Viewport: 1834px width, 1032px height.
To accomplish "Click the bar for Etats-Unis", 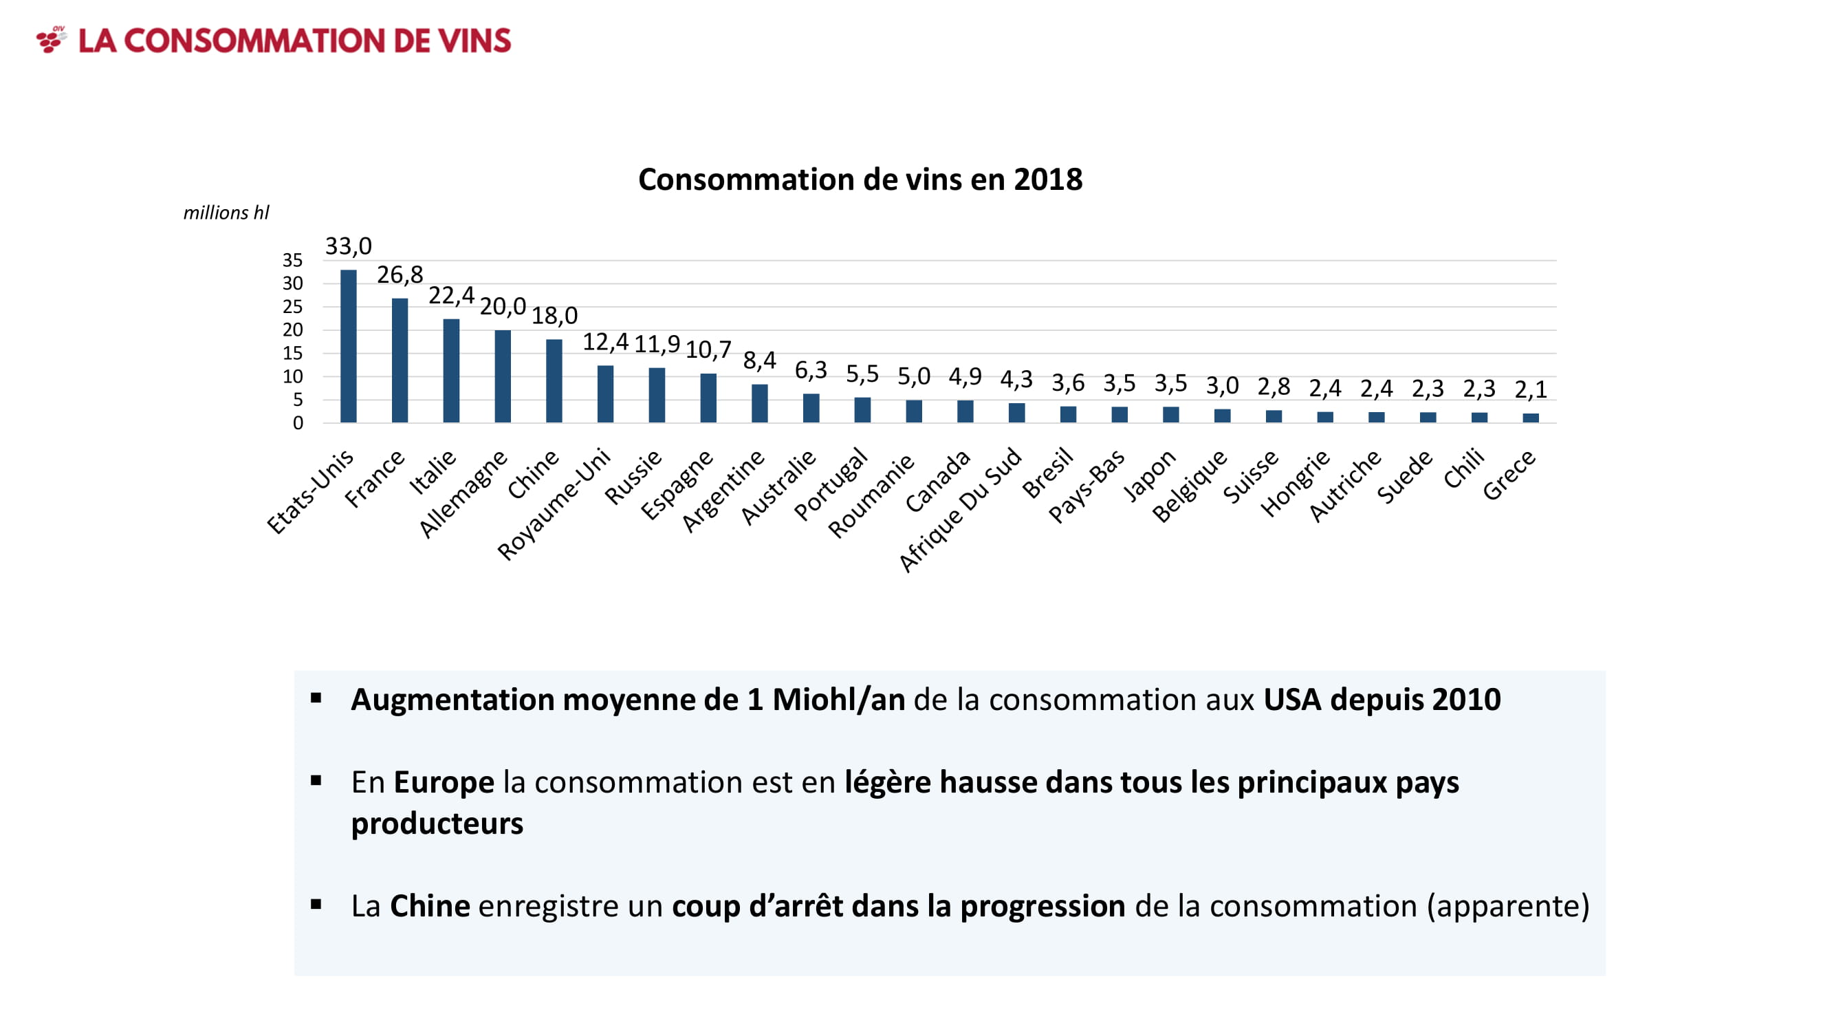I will [348, 346].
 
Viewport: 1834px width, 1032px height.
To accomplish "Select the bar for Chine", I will [554, 381].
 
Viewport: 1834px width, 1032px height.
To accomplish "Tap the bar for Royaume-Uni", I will [605, 394].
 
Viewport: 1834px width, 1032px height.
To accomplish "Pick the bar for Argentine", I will [760, 403].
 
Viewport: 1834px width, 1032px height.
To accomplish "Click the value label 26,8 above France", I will [400, 275].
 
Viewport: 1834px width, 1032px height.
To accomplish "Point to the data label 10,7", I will [708, 350].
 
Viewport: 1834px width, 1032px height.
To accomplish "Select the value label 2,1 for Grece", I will [1530, 389].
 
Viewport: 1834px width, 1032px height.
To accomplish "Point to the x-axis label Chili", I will [1464, 468].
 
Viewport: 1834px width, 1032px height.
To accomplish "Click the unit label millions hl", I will [226, 213].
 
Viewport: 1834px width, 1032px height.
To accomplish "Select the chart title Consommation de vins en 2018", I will [860, 180].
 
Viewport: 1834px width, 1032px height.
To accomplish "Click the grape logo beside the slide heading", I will [52, 39].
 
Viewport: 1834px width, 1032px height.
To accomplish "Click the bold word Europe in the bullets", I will [444, 782].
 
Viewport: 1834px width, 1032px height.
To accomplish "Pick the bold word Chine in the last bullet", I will [430, 906].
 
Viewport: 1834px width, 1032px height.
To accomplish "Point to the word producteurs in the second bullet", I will [437, 824].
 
